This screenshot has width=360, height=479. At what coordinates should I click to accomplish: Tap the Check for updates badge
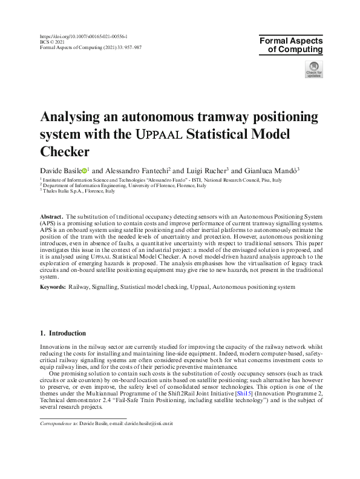(314, 69)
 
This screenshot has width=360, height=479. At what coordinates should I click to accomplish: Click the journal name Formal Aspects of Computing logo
(291, 45)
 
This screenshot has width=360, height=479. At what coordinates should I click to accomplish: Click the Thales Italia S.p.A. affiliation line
(78, 191)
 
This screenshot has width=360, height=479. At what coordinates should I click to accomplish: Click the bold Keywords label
(53, 286)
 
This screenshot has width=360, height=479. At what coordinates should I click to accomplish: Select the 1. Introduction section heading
(63, 334)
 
